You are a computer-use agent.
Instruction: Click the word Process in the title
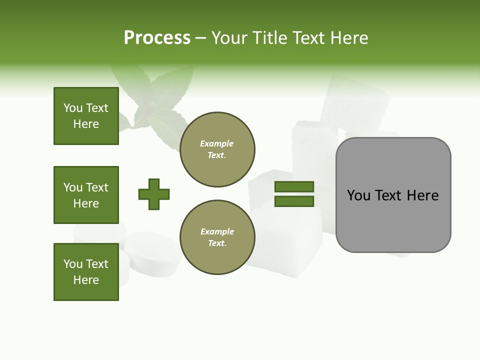tap(157, 38)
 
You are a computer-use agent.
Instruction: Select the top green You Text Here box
tap(86, 116)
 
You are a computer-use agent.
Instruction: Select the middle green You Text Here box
tap(86, 195)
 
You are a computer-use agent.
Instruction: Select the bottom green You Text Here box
tap(86, 272)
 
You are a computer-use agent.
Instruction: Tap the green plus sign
tap(154, 194)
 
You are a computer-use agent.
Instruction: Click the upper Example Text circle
tap(217, 149)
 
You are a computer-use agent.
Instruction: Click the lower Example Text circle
tap(217, 237)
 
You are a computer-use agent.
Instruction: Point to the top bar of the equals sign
tap(294, 187)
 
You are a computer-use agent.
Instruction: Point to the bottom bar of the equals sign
tap(294, 201)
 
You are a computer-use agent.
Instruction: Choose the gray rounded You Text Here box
tap(393, 195)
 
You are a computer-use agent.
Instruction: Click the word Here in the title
tap(348, 38)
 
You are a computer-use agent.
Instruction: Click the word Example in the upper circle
tap(217, 144)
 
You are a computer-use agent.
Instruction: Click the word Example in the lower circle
tap(217, 232)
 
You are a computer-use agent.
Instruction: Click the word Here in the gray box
tap(422, 195)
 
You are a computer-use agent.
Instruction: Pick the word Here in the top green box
tap(86, 124)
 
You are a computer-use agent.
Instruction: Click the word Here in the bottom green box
tap(86, 280)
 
